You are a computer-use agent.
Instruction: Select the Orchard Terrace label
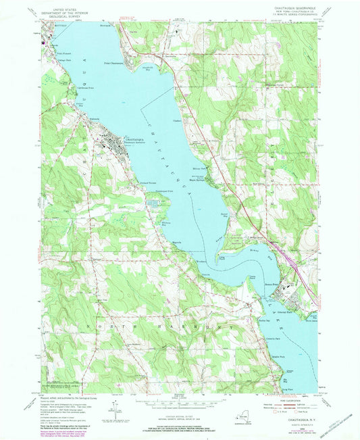point(149,184)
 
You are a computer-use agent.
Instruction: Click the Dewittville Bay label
point(150,68)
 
